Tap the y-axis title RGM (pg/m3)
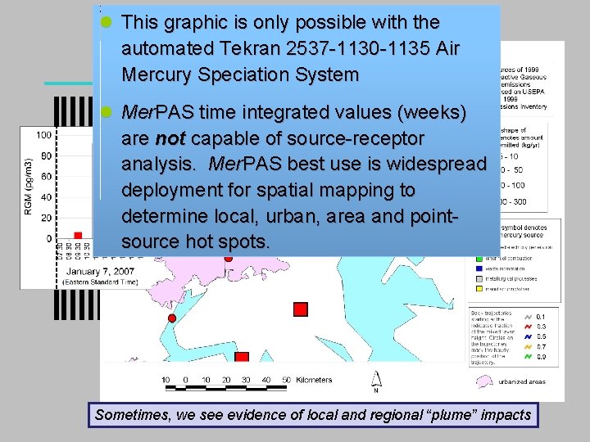(29, 186)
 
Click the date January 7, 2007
(101, 271)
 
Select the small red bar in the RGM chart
(78, 236)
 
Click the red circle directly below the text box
(229, 258)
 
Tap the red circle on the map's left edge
(171, 318)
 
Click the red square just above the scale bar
(242, 359)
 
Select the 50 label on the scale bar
(285, 380)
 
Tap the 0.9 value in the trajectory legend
(540, 357)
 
